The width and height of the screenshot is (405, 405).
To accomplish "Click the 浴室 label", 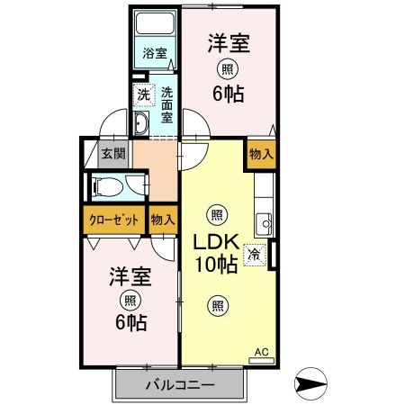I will [x=155, y=53].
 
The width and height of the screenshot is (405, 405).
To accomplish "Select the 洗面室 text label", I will [x=168, y=104].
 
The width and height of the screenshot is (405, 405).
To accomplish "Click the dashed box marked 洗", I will [x=143, y=94].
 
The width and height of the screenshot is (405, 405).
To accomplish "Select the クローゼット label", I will [x=113, y=219].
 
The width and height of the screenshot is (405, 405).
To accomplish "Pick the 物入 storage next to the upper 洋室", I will [x=260, y=154].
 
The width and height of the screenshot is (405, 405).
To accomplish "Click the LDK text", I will [x=214, y=244].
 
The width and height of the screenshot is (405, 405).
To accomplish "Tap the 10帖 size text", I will [x=214, y=265].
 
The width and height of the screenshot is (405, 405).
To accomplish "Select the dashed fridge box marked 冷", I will [x=256, y=254].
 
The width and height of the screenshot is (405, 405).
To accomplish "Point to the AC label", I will [x=262, y=352].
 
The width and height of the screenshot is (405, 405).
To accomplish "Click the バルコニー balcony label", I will [x=180, y=385].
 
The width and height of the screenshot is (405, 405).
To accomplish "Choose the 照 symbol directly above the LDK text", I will [x=216, y=214].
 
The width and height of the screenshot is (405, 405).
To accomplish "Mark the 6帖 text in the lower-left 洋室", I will [x=130, y=322].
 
